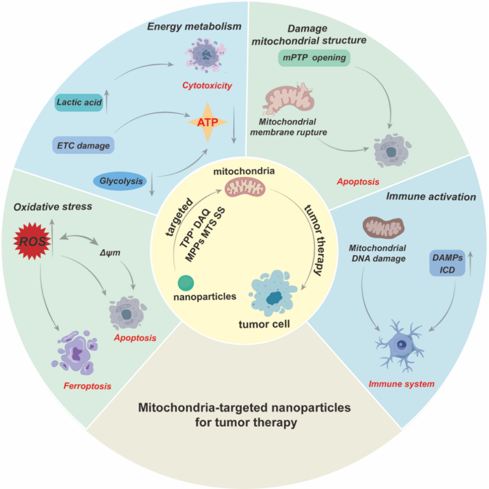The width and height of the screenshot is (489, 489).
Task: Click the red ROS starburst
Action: (32, 241)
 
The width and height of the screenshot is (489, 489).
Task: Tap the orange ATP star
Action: (208, 122)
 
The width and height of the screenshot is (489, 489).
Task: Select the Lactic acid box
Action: (79, 102)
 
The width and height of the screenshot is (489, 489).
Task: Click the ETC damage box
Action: (83, 145)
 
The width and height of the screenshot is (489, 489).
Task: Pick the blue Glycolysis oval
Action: (121, 181)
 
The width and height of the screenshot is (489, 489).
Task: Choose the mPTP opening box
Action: (314, 58)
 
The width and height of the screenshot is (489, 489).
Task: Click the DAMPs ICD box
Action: (447, 263)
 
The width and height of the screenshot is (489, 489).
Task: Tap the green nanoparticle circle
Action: (186, 283)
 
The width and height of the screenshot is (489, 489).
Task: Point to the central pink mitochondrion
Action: (245, 188)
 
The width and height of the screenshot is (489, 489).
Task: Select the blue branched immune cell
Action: (399, 345)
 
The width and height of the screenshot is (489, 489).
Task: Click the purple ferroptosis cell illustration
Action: (75, 352)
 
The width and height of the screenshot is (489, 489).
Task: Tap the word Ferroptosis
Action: (88, 386)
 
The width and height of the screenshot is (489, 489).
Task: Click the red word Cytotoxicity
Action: (207, 86)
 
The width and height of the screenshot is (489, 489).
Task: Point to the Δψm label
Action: (110, 253)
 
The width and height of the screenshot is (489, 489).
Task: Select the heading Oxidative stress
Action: (53, 206)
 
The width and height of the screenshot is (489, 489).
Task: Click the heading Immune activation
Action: (431, 196)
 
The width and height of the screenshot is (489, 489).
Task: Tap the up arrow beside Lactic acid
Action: (107, 102)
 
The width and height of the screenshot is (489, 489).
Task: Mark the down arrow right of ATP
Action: (234, 124)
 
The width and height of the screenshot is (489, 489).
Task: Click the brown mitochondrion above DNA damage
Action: (384, 227)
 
